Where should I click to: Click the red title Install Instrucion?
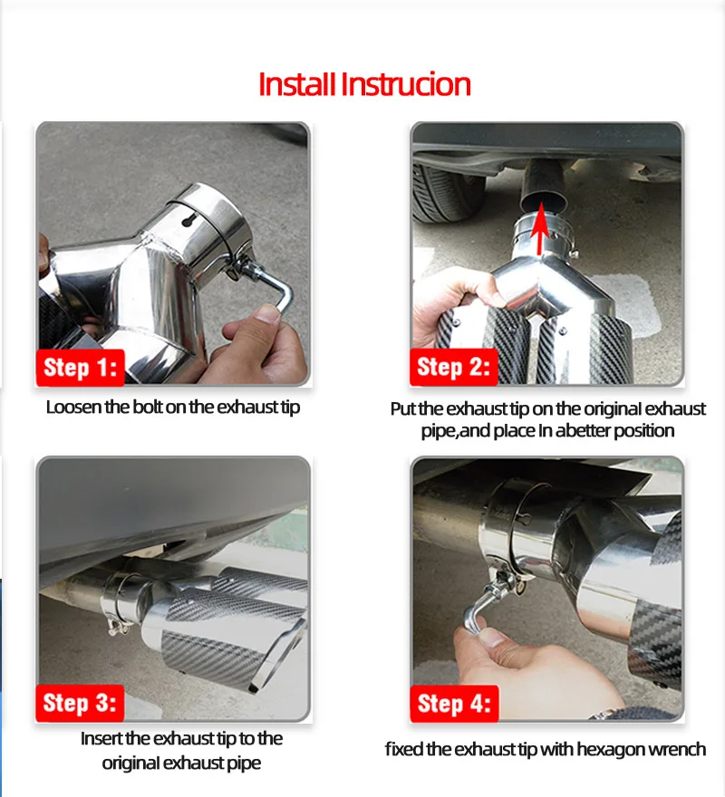(x=364, y=84)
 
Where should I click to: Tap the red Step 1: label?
(x=81, y=367)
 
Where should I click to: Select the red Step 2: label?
(x=454, y=367)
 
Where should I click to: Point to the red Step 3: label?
(x=80, y=703)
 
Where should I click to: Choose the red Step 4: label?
(x=454, y=704)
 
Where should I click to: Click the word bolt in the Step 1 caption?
(x=148, y=408)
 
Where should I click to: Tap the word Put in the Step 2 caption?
(x=403, y=408)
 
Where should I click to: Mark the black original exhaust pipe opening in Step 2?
(x=544, y=202)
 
